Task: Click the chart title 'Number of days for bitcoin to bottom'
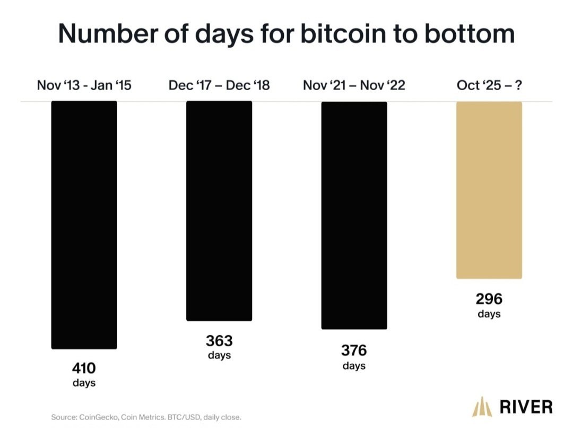(x=286, y=34)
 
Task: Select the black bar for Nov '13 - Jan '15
(x=84, y=225)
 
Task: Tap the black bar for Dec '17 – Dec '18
(x=219, y=211)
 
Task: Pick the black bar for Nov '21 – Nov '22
(x=354, y=215)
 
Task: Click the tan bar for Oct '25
(x=489, y=190)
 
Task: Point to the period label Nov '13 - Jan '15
(x=84, y=85)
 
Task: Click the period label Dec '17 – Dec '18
(x=219, y=85)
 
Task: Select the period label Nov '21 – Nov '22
(x=354, y=85)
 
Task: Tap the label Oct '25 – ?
(x=489, y=85)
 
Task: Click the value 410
(x=84, y=368)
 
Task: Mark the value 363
(x=219, y=340)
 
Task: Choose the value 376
(x=354, y=351)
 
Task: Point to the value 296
(x=489, y=299)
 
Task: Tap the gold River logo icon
(x=482, y=407)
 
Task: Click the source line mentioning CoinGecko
(x=146, y=417)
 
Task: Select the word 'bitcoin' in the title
(x=343, y=34)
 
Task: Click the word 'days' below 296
(x=489, y=313)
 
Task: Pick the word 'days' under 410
(x=84, y=383)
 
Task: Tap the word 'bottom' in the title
(x=470, y=34)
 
